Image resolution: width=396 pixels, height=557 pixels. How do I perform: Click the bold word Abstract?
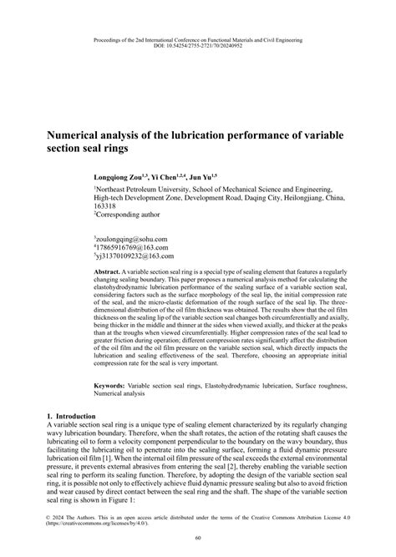pos(108,273)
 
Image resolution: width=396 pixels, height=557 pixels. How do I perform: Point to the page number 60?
pos(197,539)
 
